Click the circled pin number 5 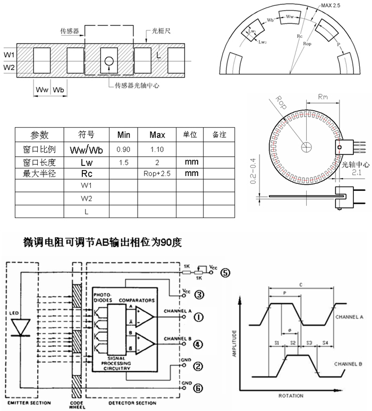[x=225, y=273]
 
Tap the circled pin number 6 [x=197, y=389]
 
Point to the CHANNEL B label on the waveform [x=348, y=364]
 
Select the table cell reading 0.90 [x=123, y=149]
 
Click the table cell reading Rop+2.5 [x=157, y=174]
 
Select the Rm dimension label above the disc [x=322, y=97]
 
